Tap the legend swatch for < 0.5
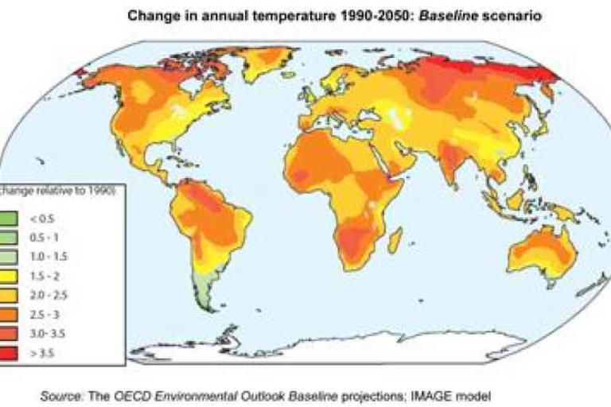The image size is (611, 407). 17,215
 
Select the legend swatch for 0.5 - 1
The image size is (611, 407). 17,236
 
